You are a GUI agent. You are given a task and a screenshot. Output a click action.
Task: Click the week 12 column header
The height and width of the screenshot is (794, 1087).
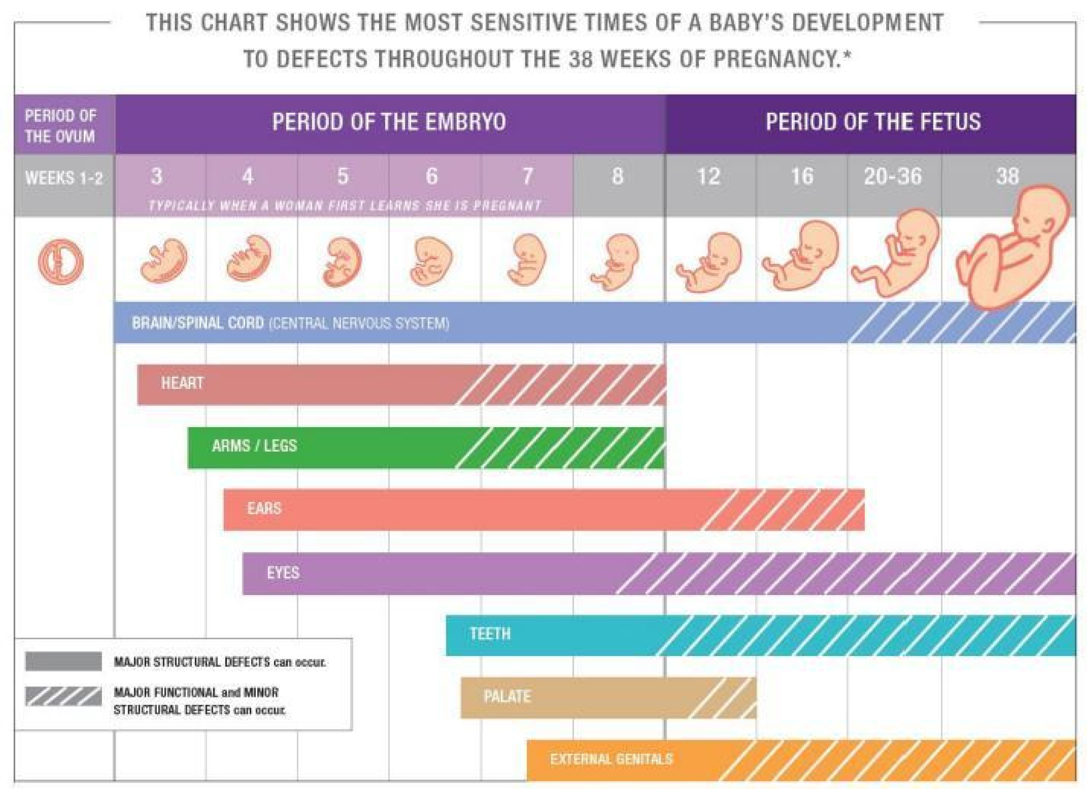tap(708, 177)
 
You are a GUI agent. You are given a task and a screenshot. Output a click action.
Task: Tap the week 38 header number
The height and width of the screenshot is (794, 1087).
tap(1007, 177)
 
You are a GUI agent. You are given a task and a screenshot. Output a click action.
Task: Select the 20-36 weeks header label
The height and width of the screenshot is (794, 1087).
tap(893, 177)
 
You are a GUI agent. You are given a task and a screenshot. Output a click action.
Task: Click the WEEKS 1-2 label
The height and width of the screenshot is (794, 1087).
tap(64, 178)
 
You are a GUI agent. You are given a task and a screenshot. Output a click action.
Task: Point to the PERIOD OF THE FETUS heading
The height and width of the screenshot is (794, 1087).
tap(872, 122)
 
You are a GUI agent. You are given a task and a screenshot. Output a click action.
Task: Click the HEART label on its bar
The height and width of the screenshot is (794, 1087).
tap(182, 384)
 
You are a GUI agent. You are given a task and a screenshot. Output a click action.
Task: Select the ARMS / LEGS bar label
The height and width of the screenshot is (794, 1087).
tap(254, 446)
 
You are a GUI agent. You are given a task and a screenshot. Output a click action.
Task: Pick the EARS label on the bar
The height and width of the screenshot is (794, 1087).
tap(264, 508)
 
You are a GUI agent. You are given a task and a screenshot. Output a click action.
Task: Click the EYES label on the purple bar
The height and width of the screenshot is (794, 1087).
tap(283, 573)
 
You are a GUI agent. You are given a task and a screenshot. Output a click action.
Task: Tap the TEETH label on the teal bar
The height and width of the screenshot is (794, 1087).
tap(490, 634)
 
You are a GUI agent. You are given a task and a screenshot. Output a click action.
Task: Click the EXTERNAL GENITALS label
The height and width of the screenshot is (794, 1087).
tap(611, 759)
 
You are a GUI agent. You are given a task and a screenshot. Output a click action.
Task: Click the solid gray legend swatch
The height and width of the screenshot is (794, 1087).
tap(64, 661)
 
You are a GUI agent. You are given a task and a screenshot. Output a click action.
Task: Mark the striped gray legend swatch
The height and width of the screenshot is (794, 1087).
tap(64, 696)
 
